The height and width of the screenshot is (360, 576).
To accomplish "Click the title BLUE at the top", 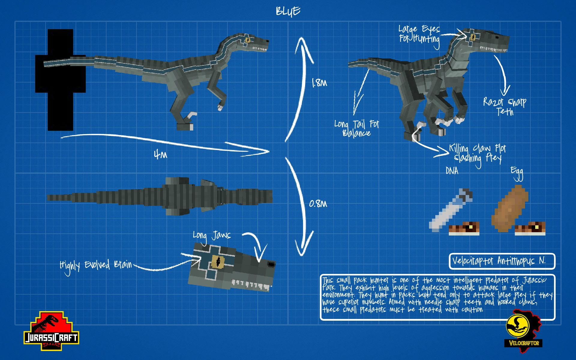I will pyautogui.click(x=288, y=11).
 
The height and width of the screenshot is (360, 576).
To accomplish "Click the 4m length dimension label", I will pyautogui.click(x=160, y=155).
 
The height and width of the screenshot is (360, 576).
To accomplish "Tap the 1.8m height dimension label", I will pyautogui.click(x=319, y=83).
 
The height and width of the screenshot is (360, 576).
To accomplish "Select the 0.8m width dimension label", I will pyautogui.click(x=318, y=204).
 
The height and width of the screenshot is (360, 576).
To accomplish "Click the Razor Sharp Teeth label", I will pyautogui.click(x=505, y=106).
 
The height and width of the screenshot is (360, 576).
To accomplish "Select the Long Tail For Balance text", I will pyautogui.click(x=357, y=128).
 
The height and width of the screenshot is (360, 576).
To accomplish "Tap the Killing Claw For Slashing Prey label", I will pyautogui.click(x=478, y=153).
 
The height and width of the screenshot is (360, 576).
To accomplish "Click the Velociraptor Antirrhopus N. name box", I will pyautogui.click(x=502, y=261).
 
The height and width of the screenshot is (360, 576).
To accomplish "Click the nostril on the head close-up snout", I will pyautogui.click(x=271, y=264).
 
